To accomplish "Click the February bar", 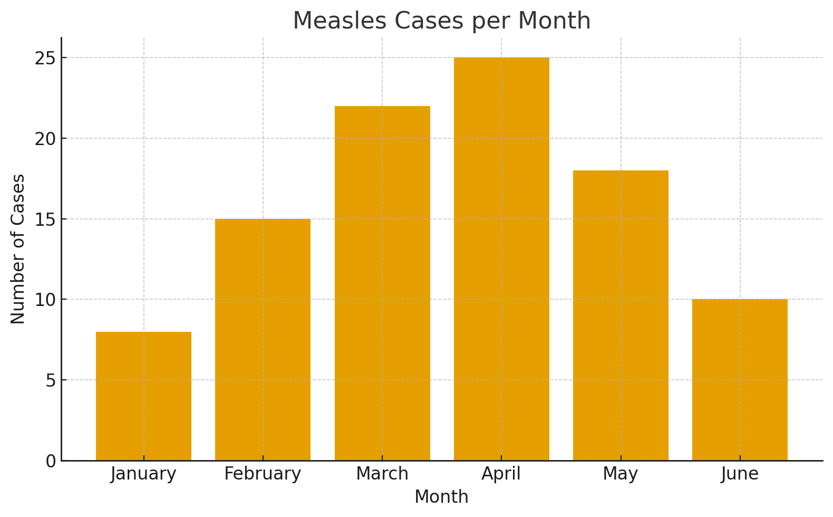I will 263,340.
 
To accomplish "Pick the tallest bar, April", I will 501,259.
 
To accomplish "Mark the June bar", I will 740,380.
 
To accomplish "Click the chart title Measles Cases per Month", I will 442,21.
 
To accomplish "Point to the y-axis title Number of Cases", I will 18,249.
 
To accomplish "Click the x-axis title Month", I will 441,497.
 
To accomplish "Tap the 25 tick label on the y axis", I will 45,58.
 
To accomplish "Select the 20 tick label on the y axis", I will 45,139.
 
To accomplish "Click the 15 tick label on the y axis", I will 45,219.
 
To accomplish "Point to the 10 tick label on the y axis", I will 45,300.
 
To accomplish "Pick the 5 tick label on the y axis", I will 51,380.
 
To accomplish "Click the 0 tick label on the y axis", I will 51,461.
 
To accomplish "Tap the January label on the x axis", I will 143,474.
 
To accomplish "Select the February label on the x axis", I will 263,474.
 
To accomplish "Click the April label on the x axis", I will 501,474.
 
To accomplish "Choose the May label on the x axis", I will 621,474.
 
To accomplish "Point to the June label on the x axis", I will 740,474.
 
